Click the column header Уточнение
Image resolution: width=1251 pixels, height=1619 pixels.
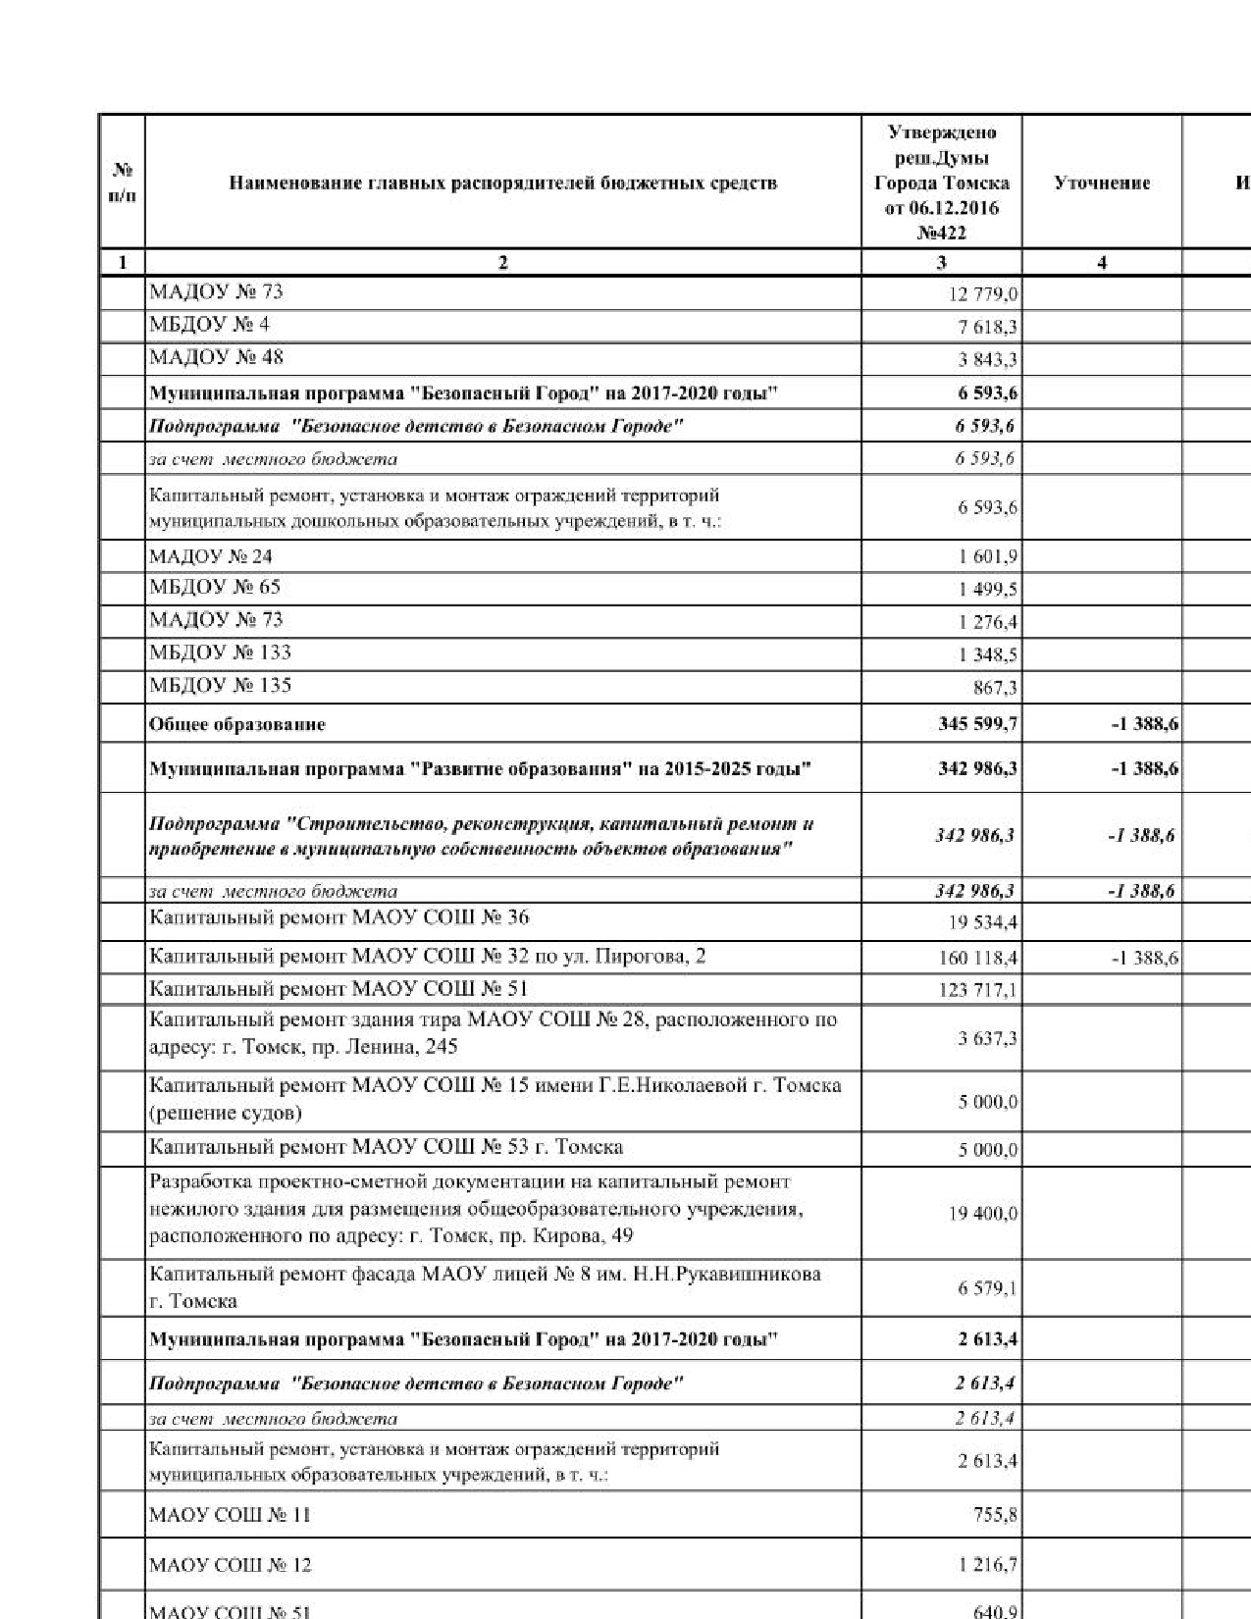[x=1101, y=183]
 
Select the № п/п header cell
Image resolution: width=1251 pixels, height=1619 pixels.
[x=123, y=183]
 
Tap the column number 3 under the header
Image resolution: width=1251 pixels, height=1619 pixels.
[x=941, y=263]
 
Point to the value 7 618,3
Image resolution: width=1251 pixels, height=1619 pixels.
[x=984, y=327]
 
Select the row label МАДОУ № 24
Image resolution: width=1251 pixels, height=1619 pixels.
[x=211, y=556]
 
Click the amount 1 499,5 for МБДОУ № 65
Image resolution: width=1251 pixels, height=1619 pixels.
[x=988, y=590]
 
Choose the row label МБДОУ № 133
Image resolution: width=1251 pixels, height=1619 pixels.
[x=220, y=653]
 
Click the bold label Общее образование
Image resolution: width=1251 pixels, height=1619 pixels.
[x=236, y=725]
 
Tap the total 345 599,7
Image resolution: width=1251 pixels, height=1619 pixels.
[x=977, y=724]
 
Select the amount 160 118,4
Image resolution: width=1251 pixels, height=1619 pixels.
[x=977, y=958]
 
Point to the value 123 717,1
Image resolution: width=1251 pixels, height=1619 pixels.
[x=977, y=990]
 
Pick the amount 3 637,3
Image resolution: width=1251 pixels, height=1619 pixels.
[x=987, y=1037]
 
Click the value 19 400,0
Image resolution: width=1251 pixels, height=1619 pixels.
[x=982, y=1214]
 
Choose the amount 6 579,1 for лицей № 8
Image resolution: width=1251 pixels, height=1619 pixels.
[x=987, y=1287]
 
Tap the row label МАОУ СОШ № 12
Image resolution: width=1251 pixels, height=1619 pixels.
[x=230, y=1565]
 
